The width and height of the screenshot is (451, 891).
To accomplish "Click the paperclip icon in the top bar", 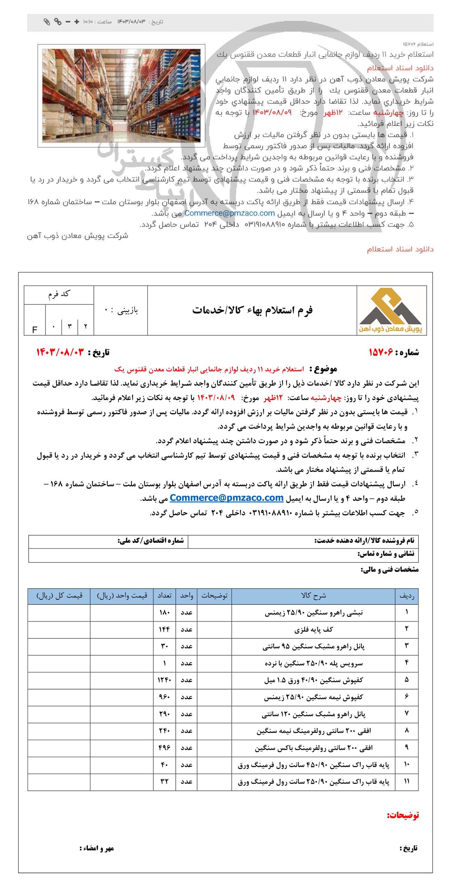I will [47, 22].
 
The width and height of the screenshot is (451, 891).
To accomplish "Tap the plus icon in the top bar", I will [77, 22].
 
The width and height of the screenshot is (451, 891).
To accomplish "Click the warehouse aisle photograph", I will [121, 96].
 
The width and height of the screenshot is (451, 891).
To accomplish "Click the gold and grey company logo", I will [391, 311].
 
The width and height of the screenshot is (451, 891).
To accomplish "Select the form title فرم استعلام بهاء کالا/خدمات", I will [252, 310].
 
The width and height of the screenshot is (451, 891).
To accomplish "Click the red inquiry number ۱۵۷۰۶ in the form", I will [381, 352].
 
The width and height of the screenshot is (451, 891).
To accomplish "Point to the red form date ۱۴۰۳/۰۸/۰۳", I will [60, 352].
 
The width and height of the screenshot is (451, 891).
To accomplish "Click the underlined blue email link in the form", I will [227, 498].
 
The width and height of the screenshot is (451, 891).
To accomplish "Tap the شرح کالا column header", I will [313, 596].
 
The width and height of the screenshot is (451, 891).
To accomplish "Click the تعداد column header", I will [164, 596].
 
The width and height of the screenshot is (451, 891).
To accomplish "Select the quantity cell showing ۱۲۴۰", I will [164, 680].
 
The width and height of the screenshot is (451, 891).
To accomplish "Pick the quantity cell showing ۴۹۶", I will [164, 748].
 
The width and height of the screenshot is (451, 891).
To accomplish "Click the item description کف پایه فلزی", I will [314, 629].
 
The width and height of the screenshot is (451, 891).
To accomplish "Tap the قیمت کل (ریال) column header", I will [59, 596].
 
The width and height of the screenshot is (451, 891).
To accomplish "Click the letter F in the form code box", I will [34, 330].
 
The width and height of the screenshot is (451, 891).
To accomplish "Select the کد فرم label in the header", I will [59, 294].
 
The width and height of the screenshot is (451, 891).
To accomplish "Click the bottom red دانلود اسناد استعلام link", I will [400, 249].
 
